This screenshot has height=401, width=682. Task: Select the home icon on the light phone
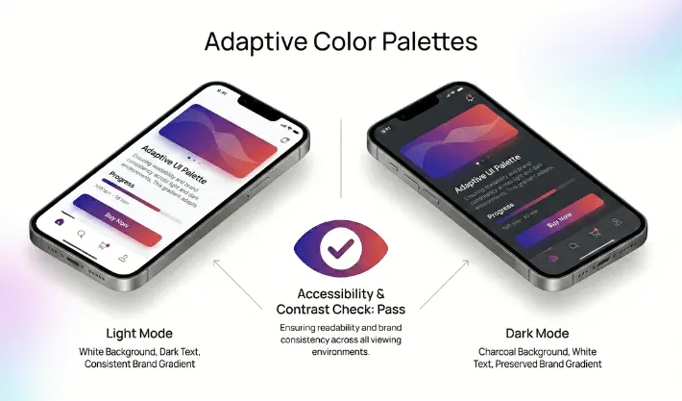click(60, 221)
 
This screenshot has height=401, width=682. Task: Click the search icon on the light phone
click(82, 234)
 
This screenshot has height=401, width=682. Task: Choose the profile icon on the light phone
click(123, 258)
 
